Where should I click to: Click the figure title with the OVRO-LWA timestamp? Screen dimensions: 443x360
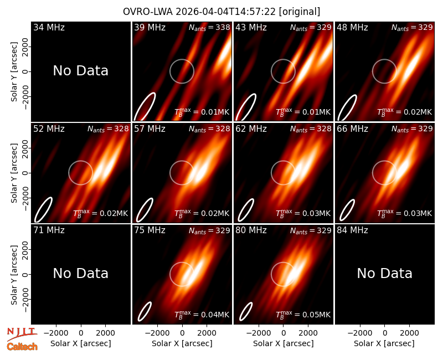click(x=221, y=12)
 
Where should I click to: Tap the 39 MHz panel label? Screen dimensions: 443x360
click(x=150, y=27)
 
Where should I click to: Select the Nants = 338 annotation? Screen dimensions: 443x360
click(x=209, y=27)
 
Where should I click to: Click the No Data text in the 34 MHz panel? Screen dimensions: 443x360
click(x=81, y=71)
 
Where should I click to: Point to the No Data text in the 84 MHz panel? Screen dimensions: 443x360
click(x=384, y=273)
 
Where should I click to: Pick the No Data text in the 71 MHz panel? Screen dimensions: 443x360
click(x=81, y=273)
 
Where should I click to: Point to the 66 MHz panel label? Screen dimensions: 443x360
click(x=352, y=129)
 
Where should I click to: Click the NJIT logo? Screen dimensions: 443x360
click(x=22, y=333)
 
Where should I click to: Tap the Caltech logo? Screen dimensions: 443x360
click(x=22, y=347)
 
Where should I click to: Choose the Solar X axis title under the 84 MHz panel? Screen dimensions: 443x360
click(x=384, y=343)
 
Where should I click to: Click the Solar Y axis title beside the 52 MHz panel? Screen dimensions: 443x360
click(x=14, y=173)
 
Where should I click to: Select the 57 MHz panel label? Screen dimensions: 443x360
click(x=150, y=129)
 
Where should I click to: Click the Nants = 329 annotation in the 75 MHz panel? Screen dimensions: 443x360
click(x=209, y=230)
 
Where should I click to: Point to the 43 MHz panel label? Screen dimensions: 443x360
click(x=251, y=27)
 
